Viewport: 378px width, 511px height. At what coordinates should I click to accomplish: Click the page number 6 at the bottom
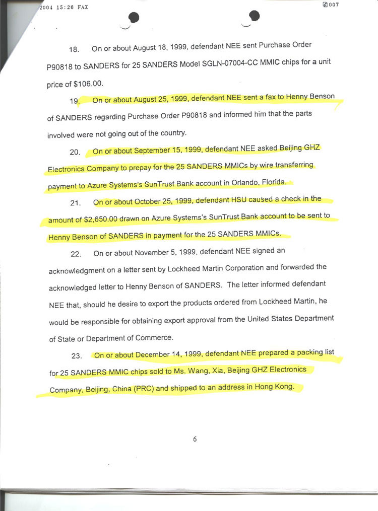tap(195, 439)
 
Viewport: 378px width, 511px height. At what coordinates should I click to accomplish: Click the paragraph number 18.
tap(74, 49)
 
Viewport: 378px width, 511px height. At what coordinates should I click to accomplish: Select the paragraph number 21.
tap(76, 203)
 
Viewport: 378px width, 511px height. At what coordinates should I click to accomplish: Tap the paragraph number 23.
tap(77, 356)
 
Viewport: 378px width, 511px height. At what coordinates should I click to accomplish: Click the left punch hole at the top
tap(134, 18)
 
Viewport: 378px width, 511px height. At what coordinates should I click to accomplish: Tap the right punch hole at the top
tap(254, 16)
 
